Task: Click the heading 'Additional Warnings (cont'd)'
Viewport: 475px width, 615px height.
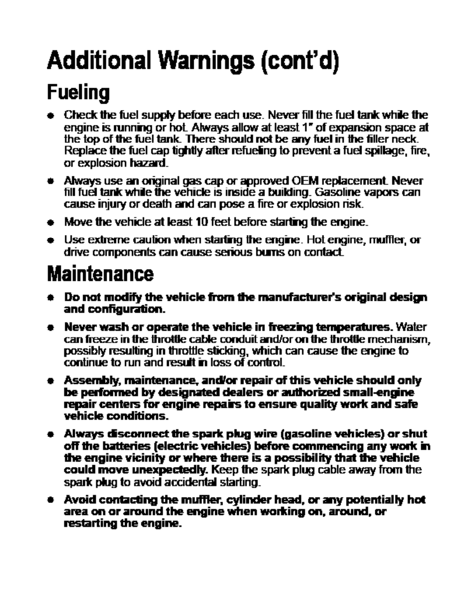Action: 193,60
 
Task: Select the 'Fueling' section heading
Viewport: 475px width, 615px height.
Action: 78,93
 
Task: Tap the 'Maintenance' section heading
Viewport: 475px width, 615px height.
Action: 100,273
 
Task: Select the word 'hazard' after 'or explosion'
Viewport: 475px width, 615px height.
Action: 149,163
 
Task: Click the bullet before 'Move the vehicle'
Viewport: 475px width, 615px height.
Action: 50,222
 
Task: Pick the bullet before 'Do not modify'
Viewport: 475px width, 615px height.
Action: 50,298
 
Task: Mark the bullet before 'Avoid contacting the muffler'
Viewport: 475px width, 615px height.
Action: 50,500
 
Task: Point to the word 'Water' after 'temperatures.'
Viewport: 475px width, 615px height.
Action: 412,327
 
